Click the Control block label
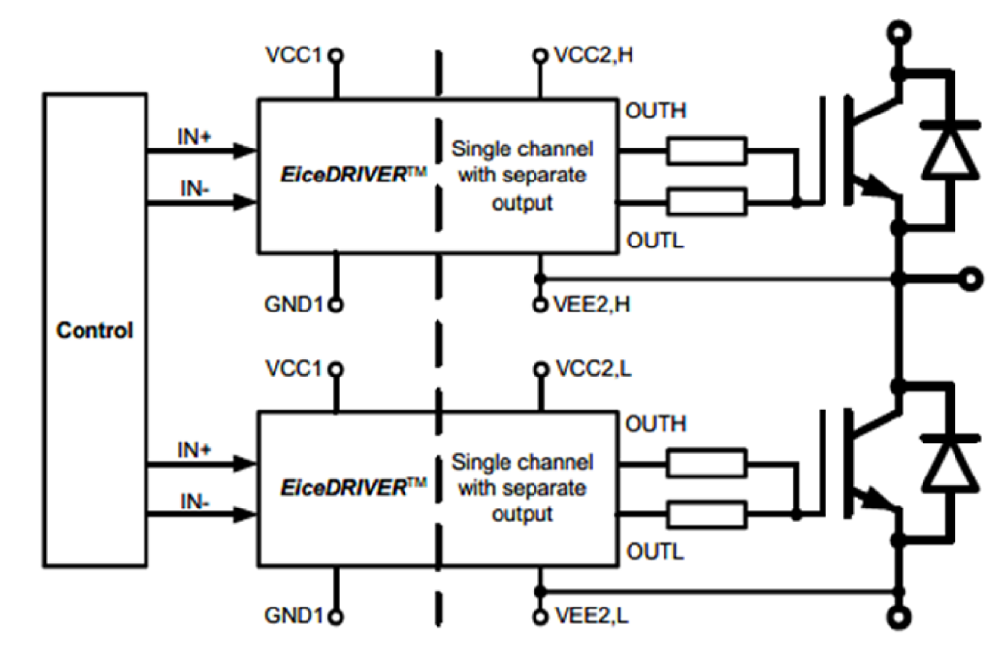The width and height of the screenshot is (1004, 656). tap(94, 330)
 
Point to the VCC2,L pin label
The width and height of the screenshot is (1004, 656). tap(592, 369)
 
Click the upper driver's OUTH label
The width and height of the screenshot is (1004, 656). tap(656, 111)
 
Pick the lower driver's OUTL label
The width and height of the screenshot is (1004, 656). tap(655, 552)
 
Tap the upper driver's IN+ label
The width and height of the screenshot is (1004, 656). tap(194, 138)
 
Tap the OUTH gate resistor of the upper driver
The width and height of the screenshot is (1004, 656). tap(706, 150)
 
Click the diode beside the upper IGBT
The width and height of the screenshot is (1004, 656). tap(949, 151)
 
